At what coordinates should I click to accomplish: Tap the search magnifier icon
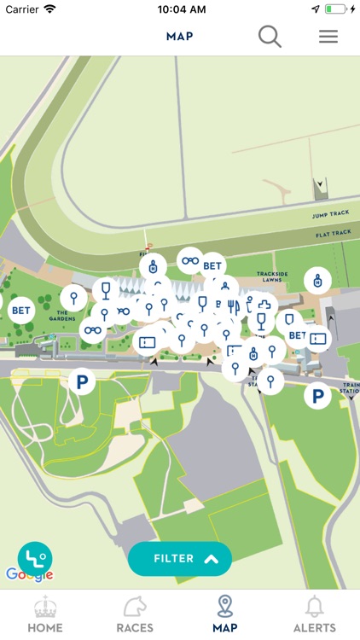tap(270, 37)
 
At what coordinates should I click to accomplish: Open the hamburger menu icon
tap(328, 37)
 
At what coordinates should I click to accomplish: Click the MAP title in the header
tap(179, 37)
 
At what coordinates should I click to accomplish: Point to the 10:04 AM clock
tap(180, 9)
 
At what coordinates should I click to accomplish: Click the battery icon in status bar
tap(338, 9)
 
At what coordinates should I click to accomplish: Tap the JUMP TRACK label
tap(332, 215)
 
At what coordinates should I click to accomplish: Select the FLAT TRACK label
tap(332, 233)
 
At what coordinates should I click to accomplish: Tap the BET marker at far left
tap(20, 311)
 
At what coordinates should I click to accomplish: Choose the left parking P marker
tap(81, 381)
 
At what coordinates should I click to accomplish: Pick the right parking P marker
tap(317, 395)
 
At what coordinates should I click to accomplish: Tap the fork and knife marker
tap(233, 307)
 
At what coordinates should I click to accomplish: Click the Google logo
tap(29, 574)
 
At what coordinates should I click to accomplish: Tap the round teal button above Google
tap(35, 558)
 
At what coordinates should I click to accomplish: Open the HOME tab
tap(45, 614)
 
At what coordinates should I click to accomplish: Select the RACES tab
tap(135, 614)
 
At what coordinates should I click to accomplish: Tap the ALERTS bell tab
tap(315, 614)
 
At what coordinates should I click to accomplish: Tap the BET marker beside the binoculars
tap(212, 266)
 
